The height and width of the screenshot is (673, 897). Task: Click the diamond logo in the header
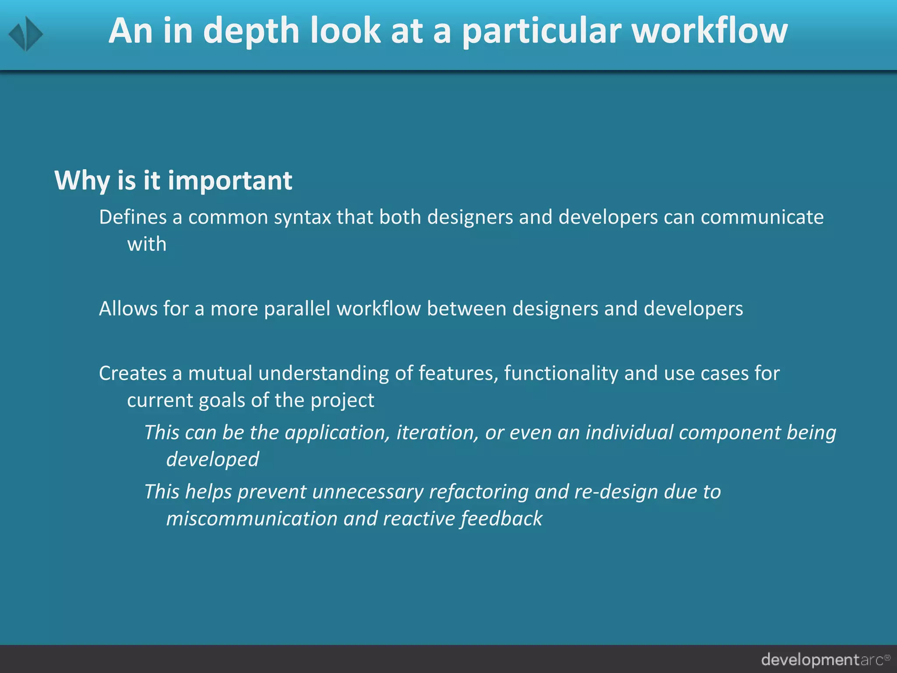pos(26,34)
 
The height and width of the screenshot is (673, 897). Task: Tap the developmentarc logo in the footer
pos(825,659)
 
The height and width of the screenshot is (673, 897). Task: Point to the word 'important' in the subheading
pos(230,181)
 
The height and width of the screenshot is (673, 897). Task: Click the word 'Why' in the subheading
pos(81,181)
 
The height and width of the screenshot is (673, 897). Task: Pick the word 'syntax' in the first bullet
pos(302,217)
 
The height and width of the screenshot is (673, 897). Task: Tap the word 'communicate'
pos(762,217)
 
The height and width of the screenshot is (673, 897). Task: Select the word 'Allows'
pos(128,309)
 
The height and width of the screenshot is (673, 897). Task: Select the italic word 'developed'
pos(212,460)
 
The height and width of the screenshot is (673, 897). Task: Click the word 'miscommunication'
pos(252,519)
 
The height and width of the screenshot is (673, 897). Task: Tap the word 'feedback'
pos(501,519)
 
